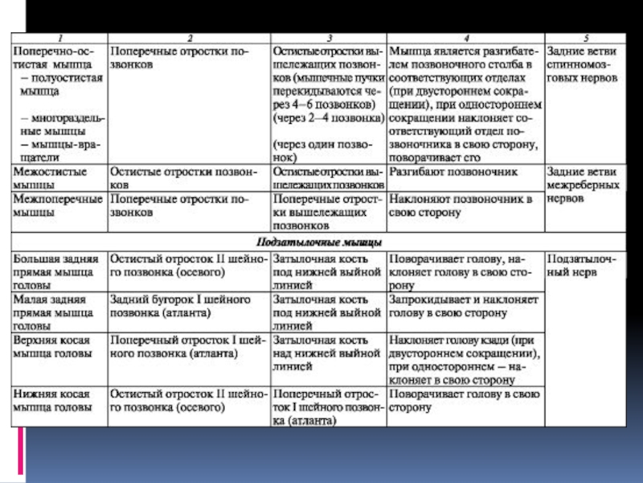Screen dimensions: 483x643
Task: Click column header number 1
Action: coord(58,37)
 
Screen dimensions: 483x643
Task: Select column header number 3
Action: coord(327,37)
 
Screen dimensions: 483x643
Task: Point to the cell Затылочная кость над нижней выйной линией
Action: coord(326,353)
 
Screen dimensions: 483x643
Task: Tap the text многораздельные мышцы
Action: coord(56,125)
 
